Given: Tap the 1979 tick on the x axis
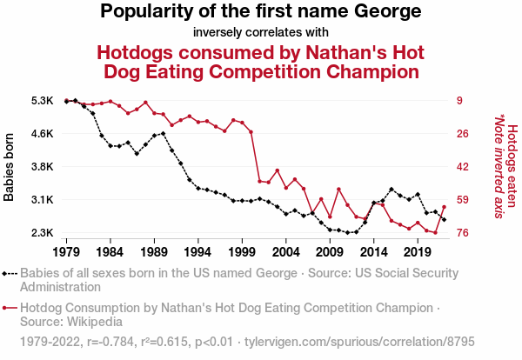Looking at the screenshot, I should tap(66, 251).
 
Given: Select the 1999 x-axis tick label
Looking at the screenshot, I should tap(242, 251).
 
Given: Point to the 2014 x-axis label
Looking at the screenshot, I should tap(373, 251).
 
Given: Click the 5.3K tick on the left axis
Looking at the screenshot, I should tap(42, 101).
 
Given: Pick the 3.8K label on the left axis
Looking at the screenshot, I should tap(42, 167).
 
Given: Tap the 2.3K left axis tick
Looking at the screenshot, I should tap(42, 233).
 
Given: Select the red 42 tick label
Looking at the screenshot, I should tap(463, 167).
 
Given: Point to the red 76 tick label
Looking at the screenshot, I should tap(463, 233).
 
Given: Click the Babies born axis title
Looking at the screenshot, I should tap(10, 167).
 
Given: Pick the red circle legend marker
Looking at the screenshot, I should tap(10, 308).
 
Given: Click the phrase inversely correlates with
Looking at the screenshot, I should tap(261, 32).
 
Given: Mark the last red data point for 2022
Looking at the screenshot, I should tap(444, 207).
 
